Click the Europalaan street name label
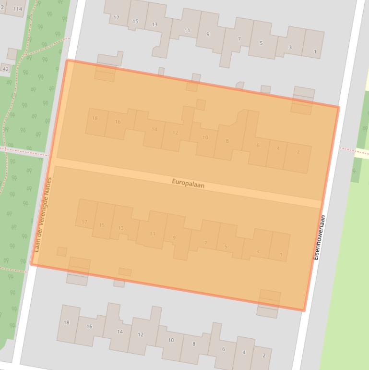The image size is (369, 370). tap(188, 183)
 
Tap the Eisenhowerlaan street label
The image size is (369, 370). tap(320, 237)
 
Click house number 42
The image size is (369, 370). tap(6, 69)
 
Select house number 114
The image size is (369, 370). tap(18, 9)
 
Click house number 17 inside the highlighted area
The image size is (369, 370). tap(84, 222)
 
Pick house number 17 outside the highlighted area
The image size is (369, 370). tap(116, 18)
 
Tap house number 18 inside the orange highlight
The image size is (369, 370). tap(95, 118)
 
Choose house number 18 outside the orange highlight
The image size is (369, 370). tap(67, 322)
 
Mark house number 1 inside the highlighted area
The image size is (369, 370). tap(281, 254)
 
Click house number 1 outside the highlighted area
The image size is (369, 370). tap(315, 51)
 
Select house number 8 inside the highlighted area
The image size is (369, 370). tap(227, 141)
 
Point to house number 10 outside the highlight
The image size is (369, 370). tap(171, 340)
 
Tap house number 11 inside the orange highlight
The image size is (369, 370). tap(153, 234)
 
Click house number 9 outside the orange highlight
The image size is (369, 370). tap(208, 34)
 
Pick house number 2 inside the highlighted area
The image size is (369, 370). tap(298, 152)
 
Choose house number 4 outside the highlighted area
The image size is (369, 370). tap(244, 352)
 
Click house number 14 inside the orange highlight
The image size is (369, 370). tap(154, 129)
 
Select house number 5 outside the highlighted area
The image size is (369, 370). tap(261, 43)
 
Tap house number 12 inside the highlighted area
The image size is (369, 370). tap(175, 133)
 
